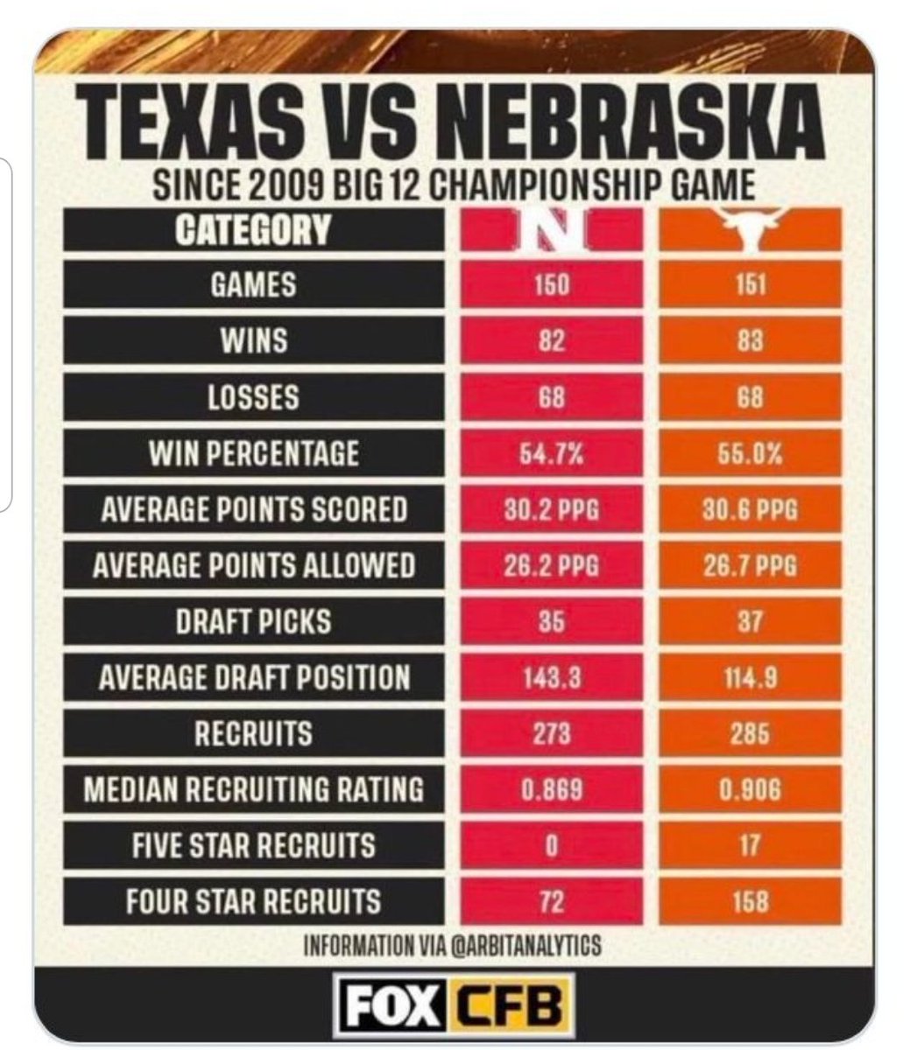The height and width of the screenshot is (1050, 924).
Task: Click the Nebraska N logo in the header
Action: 552,229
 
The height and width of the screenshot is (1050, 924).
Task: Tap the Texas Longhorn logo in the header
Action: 751,228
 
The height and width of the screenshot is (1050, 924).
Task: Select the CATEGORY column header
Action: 252,229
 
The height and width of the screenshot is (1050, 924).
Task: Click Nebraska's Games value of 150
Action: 552,285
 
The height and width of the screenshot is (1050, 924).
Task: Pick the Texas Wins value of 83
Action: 751,341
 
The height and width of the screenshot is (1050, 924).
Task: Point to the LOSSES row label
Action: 254,397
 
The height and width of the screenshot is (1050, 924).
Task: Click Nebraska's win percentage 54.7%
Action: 552,453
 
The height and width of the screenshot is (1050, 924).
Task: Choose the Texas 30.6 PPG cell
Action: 751,509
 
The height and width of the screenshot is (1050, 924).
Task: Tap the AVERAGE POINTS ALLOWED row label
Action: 254,565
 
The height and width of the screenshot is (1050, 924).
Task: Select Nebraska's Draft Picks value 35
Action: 552,621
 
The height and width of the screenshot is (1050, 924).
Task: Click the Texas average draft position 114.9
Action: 751,677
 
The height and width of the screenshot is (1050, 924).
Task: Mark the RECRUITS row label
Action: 254,733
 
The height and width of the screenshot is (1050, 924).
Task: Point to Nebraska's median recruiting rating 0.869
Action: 552,790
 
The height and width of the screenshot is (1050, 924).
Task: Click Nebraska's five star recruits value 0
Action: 552,846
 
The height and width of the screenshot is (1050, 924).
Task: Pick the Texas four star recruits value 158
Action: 751,902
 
